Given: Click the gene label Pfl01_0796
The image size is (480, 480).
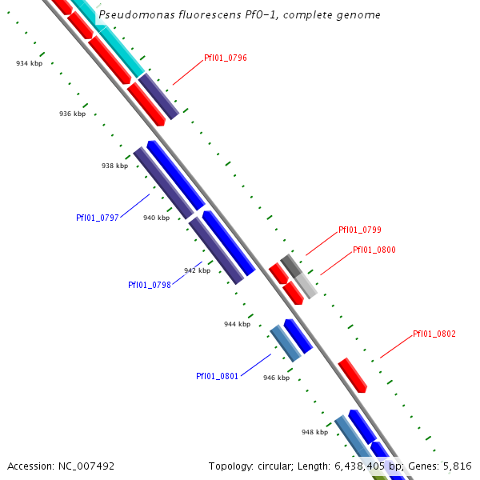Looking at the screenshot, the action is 226,58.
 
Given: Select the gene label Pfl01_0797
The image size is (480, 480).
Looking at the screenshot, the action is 97,218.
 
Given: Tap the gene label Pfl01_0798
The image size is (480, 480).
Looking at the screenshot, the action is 150,285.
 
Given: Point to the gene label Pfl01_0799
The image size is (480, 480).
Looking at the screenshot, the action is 360,230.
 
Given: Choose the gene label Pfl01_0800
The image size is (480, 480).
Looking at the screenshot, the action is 374,250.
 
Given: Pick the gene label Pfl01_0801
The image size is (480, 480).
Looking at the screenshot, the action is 217,376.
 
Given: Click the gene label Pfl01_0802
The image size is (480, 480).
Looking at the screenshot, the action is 434,334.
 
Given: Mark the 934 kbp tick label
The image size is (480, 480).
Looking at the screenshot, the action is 29,62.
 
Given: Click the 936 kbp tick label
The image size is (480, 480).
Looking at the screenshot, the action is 72,114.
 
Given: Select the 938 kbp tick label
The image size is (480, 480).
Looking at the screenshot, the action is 114,166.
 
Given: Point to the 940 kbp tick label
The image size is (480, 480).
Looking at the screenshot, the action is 156,218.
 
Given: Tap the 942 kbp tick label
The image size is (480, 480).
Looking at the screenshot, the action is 197,270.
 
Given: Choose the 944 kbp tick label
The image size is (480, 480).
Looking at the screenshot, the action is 237,324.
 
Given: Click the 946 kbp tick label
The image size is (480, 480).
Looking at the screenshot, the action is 276,378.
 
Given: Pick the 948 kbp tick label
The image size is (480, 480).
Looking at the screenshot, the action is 314,432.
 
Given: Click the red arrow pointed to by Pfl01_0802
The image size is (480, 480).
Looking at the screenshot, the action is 352,375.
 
